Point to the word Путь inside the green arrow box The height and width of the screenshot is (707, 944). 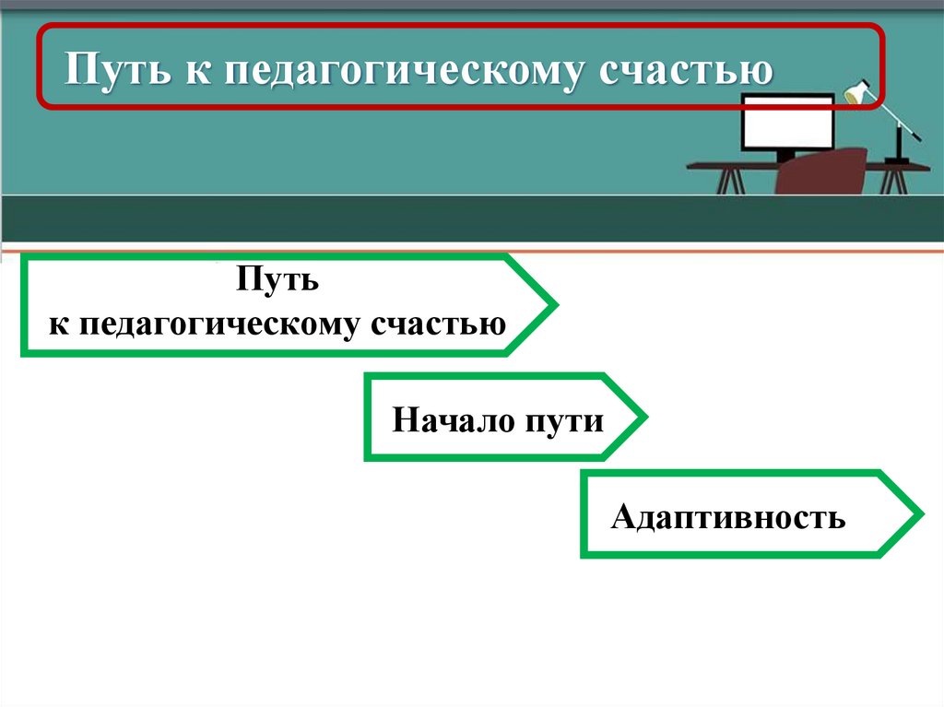coord(277,279)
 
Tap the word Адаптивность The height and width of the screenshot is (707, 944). coord(727,517)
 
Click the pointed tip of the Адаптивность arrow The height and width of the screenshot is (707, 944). coord(920,513)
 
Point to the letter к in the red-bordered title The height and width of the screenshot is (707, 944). coord(202,71)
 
